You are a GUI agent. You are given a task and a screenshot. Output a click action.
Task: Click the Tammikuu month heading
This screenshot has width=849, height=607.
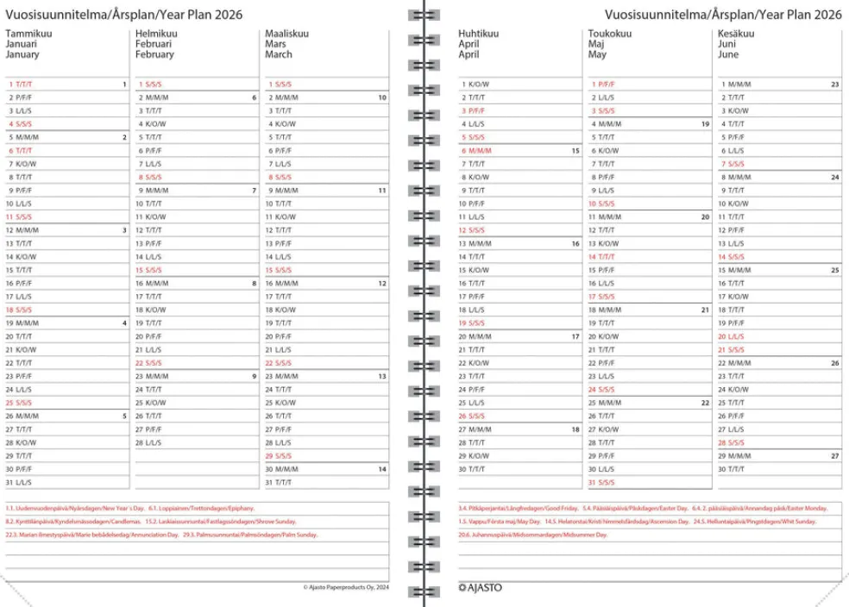pyautogui.click(x=26, y=34)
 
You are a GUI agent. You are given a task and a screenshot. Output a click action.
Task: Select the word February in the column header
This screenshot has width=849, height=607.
pyautogui.click(x=154, y=54)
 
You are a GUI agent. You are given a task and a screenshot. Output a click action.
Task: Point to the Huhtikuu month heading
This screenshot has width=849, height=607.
pyautogui.click(x=478, y=34)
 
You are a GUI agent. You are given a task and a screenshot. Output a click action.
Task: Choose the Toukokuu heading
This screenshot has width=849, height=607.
pyautogui.click(x=609, y=34)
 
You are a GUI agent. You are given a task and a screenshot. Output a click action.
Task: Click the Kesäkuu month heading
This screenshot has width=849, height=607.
pyautogui.click(x=736, y=34)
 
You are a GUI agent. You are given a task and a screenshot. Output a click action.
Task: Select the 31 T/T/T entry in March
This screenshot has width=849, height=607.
pyautogui.click(x=280, y=482)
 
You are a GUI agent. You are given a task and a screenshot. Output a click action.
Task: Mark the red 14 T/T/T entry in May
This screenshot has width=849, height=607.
pyautogui.click(x=605, y=257)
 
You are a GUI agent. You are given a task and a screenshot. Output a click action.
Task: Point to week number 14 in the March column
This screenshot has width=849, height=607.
pyautogui.click(x=381, y=469)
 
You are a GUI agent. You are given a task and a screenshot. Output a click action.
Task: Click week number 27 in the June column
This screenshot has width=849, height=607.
pyautogui.click(x=834, y=455)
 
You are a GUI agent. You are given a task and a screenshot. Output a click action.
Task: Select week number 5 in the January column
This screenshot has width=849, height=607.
pyautogui.click(x=124, y=416)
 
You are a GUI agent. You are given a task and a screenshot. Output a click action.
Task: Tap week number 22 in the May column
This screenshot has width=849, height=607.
pyautogui.click(x=705, y=403)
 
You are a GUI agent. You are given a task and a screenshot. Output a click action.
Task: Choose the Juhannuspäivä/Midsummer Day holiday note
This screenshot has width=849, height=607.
pyautogui.click(x=533, y=535)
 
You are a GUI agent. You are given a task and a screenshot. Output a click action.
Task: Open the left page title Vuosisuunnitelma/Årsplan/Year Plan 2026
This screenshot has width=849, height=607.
pyautogui.click(x=123, y=14)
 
